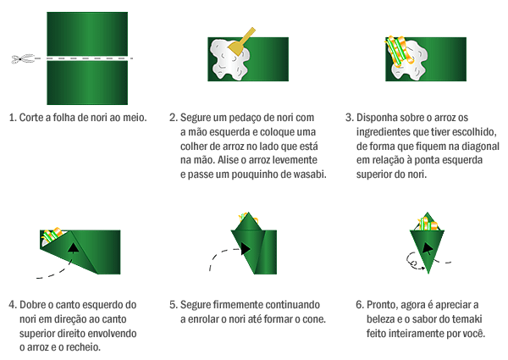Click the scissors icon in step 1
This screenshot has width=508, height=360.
[23, 59]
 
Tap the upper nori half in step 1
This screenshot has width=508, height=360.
[87, 34]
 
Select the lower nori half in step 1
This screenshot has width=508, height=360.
[87, 83]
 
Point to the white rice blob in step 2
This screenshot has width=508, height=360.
[229, 59]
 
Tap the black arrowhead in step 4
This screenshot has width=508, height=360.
[74, 248]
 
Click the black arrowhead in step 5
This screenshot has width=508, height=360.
[246, 249]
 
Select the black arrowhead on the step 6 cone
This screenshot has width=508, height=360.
[428, 248]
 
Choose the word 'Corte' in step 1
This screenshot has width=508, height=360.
[31, 117]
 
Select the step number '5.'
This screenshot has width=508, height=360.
[174, 305]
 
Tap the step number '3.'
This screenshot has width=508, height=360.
[349, 118]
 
